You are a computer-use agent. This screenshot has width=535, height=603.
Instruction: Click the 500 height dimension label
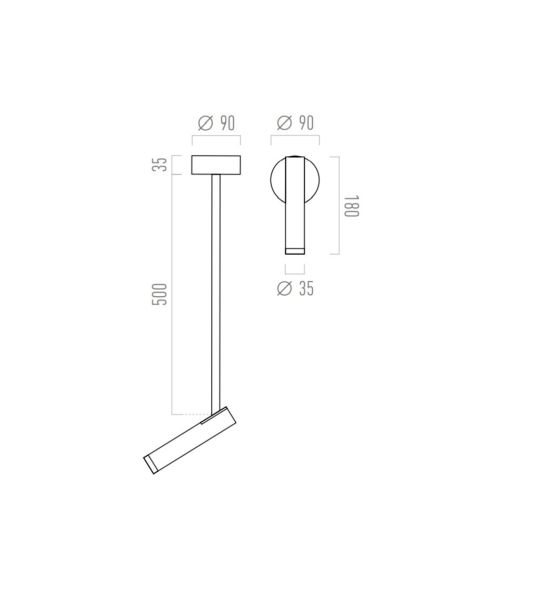pyautogui.click(x=160, y=295)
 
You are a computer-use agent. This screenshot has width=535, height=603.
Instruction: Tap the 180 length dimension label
pyautogui.click(x=351, y=206)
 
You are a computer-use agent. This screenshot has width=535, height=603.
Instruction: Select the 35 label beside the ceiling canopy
pyautogui.click(x=160, y=165)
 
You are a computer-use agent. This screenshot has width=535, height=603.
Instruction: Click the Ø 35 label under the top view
pyautogui.click(x=295, y=288)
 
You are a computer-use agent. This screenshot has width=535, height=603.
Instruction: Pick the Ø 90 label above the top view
pyautogui.click(x=295, y=123)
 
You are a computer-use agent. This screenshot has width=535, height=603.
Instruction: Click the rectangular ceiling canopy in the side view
pyautogui.click(x=216, y=165)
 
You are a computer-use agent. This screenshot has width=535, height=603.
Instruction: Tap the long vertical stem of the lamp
pyautogui.click(x=216, y=295)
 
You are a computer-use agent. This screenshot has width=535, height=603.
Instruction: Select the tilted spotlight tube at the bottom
pyautogui.click(x=190, y=441)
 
